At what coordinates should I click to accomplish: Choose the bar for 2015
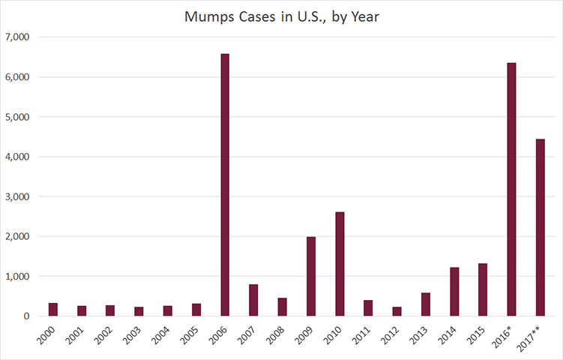coord(483,289)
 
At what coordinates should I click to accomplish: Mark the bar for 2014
coord(454,292)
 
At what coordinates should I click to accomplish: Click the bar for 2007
coord(253,300)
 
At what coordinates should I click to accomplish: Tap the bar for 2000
coord(53,309)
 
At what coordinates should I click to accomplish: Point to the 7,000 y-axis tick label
coord(16,37)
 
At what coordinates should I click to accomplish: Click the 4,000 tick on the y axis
coord(16,157)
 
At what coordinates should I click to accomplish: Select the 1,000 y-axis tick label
coord(16,276)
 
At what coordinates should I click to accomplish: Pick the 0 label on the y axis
coord(25,316)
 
